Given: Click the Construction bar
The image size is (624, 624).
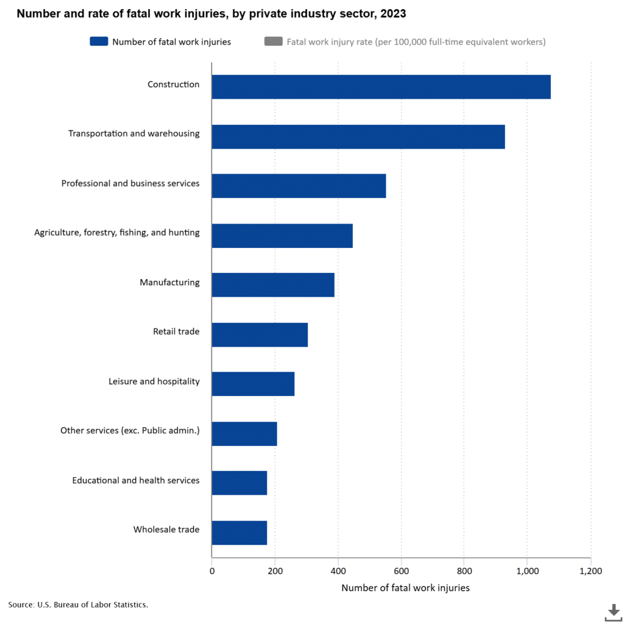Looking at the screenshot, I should click(x=381, y=87).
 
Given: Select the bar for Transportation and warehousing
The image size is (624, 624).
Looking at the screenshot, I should click(x=358, y=136).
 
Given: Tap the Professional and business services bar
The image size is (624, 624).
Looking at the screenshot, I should click(x=299, y=186).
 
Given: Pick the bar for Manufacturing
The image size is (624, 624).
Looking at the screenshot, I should click(x=273, y=285).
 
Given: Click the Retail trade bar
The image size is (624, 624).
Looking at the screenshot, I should click(x=260, y=335).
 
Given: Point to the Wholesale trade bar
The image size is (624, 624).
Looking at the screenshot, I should click(x=239, y=533).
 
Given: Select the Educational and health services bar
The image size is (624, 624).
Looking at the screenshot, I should click(x=239, y=483).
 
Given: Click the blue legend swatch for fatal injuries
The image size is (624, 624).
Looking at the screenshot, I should click(x=99, y=41).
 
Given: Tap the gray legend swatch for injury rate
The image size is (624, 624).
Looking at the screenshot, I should click(x=274, y=41).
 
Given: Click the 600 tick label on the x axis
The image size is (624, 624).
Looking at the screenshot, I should click(x=401, y=571).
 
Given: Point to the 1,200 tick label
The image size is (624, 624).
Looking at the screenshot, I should click(x=590, y=571).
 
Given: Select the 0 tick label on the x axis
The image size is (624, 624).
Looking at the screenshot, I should click(x=212, y=571).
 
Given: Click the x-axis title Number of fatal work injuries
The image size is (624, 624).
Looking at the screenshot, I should click(x=405, y=588).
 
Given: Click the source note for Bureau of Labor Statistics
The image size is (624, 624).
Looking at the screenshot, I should click(x=78, y=604).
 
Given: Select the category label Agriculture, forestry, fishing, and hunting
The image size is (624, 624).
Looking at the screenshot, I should click(x=117, y=232).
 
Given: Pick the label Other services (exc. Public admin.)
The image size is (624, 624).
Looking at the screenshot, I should click(x=130, y=430).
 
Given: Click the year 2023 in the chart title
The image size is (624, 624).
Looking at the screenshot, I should click(x=392, y=13).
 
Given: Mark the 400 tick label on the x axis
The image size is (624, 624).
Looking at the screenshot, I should click(x=338, y=571).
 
